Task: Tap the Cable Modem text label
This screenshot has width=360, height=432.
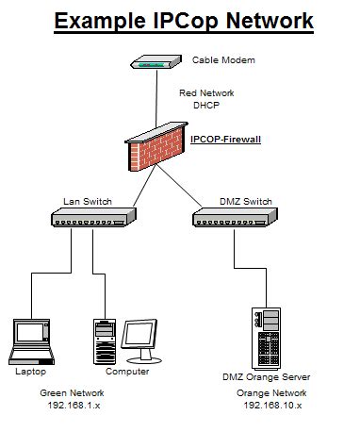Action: tap(223, 60)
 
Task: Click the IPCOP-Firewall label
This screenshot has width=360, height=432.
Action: tap(224, 139)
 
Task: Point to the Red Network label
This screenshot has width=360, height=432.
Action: tap(206, 93)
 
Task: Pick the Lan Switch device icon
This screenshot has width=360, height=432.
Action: tap(91, 218)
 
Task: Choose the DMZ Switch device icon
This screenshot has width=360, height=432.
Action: tap(234, 218)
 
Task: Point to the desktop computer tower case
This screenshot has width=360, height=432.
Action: tap(104, 341)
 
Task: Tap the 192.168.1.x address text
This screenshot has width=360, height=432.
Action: tap(73, 405)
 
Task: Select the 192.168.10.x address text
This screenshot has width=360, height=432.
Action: tap(271, 405)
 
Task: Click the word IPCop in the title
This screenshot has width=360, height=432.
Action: tap(202, 20)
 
